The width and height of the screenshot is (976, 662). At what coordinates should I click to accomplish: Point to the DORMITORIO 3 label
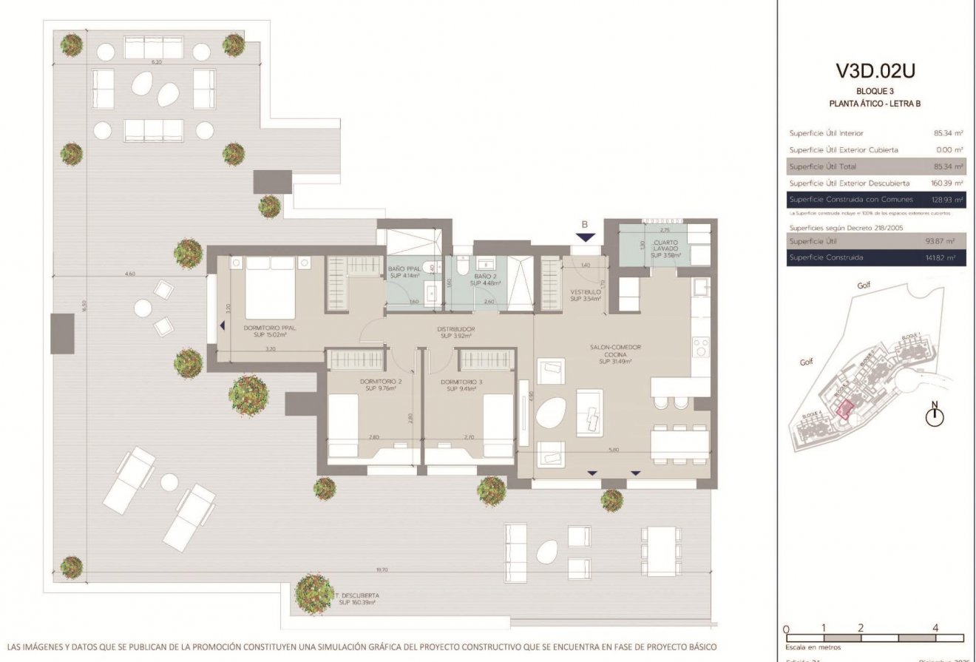point(461,386)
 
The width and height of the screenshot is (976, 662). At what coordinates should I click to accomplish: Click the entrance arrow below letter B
point(586,237)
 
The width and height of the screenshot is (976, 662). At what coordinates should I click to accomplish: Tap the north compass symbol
point(935,415)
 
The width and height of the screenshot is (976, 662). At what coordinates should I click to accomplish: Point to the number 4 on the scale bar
point(935,628)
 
